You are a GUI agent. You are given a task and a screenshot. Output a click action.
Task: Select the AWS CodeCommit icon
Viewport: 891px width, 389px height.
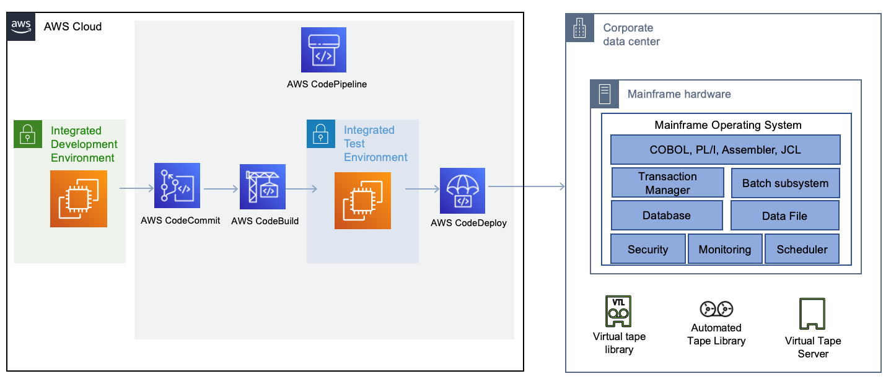click(177, 185)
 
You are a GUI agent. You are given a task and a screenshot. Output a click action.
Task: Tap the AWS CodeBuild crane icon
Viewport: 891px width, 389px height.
click(263, 187)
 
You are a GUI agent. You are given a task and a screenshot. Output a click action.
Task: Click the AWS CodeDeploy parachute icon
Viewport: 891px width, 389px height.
click(463, 190)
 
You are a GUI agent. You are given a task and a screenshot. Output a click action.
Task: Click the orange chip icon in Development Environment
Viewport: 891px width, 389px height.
click(79, 199)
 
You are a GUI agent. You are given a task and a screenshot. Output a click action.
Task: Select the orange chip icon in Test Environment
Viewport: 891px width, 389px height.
click(362, 201)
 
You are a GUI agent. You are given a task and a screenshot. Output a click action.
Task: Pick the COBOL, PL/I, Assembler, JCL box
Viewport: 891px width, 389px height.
click(725, 149)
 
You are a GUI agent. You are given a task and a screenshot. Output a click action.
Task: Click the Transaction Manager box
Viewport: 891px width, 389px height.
click(667, 183)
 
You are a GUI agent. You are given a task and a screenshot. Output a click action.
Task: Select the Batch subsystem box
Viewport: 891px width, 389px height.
click(785, 183)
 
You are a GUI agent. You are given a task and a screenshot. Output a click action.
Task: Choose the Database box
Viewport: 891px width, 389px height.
click(666, 216)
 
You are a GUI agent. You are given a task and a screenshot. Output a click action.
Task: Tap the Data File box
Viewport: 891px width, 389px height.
click(784, 216)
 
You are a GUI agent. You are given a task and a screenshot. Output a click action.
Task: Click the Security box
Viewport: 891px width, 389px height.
click(647, 249)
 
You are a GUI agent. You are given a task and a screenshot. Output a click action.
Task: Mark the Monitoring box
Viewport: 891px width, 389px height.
click(724, 249)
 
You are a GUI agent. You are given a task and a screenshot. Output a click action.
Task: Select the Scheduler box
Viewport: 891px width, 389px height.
click(802, 249)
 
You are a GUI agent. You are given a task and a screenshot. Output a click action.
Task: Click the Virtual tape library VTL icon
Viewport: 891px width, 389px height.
click(617, 311)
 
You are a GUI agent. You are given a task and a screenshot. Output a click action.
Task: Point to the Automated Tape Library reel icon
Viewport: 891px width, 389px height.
click(716, 308)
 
